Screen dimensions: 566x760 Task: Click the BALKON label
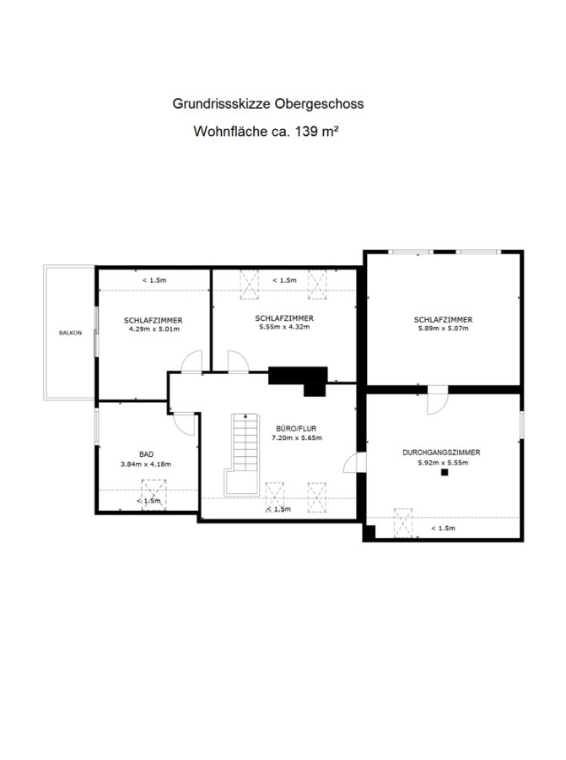click(x=70, y=333)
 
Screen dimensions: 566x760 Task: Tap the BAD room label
click(x=146, y=454)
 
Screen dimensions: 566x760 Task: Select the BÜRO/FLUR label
click(x=296, y=428)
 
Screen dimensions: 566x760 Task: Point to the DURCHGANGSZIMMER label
click(x=441, y=453)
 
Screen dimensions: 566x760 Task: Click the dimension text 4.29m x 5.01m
click(x=154, y=329)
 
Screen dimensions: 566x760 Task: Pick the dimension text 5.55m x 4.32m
click(x=284, y=327)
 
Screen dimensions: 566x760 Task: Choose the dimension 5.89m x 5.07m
click(x=444, y=328)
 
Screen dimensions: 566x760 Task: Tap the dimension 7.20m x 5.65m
click(x=297, y=437)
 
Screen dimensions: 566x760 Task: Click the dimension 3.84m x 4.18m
click(x=146, y=464)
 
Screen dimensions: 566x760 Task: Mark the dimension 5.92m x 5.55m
click(x=443, y=463)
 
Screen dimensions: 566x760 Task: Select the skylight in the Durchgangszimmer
click(x=403, y=523)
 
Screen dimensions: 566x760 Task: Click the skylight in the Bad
click(x=154, y=495)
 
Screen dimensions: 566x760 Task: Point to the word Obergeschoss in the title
click(x=319, y=104)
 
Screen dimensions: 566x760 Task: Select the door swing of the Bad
click(x=184, y=424)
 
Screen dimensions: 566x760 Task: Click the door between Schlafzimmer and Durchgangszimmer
click(x=438, y=400)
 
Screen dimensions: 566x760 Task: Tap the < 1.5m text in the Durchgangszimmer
click(x=443, y=529)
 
